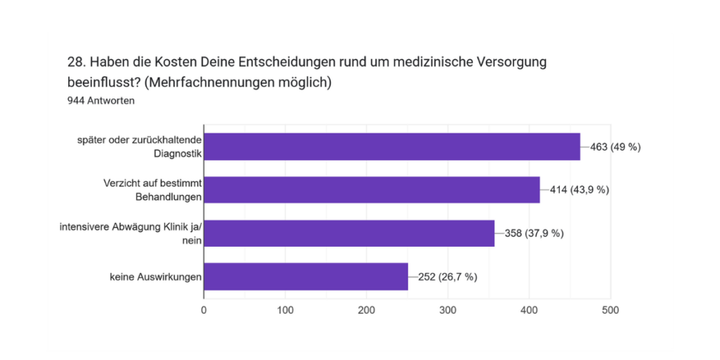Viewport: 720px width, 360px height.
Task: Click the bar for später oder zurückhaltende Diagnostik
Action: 392,147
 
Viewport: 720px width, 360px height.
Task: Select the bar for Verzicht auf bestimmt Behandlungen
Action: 371,190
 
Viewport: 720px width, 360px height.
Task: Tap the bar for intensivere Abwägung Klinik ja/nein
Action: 349,233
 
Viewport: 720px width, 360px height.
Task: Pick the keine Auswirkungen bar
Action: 306,276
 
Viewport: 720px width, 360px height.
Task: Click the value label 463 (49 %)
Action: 615,147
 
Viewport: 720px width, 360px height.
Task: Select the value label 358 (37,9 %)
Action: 529,233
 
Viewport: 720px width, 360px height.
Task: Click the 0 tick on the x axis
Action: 204,310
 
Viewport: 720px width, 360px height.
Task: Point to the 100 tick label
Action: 285,310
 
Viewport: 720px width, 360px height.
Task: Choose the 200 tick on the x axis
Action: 366,310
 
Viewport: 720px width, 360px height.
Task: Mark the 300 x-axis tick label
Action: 448,310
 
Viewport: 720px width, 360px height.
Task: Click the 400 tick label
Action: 529,310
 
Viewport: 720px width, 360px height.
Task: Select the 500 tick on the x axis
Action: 610,310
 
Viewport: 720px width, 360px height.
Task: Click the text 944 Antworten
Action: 101,101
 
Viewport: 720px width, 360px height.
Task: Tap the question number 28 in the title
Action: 76,62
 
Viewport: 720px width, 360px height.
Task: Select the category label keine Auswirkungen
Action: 155,277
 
